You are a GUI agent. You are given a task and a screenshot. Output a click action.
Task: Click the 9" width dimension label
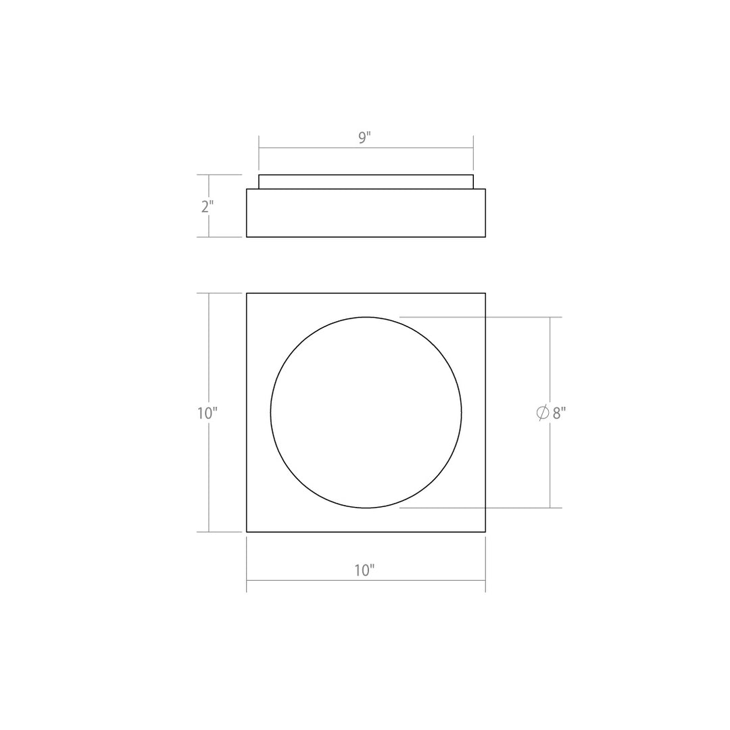click(365, 138)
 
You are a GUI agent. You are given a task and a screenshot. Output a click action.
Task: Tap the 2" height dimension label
click(208, 206)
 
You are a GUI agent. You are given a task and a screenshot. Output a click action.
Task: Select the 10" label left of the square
click(207, 413)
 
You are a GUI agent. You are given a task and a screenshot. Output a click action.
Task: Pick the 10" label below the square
click(364, 570)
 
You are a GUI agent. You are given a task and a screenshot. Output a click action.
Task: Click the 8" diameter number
click(559, 413)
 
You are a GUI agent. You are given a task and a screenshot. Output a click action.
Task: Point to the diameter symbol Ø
click(542, 413)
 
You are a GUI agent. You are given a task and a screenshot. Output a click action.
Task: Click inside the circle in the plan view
click(366, 412)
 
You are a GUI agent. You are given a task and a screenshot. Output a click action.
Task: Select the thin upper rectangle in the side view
click(366, 182)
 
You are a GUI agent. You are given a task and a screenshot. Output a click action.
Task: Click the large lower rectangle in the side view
click(366, 213)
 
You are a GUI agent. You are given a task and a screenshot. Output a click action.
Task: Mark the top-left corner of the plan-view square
click(247, 293)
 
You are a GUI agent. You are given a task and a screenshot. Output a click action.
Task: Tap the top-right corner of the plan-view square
click(485, 293)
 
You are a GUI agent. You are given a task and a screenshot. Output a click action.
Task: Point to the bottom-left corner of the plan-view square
click(247, 532)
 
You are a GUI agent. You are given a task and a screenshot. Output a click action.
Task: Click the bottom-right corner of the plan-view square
click(485, 532)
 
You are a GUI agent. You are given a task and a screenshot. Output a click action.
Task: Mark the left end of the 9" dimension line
click(259, 147)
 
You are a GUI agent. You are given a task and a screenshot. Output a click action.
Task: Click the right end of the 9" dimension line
click(473, 147)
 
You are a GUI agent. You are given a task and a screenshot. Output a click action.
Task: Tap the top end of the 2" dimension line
click(209, 175)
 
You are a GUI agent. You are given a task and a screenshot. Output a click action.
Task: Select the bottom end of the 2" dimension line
click(209, 237)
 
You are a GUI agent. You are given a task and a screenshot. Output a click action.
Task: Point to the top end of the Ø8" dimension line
click(550, 317)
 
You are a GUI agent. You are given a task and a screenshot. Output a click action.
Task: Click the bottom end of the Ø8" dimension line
click(550, 508)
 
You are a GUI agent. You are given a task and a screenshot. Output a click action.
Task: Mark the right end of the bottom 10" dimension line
click(485, 581)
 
